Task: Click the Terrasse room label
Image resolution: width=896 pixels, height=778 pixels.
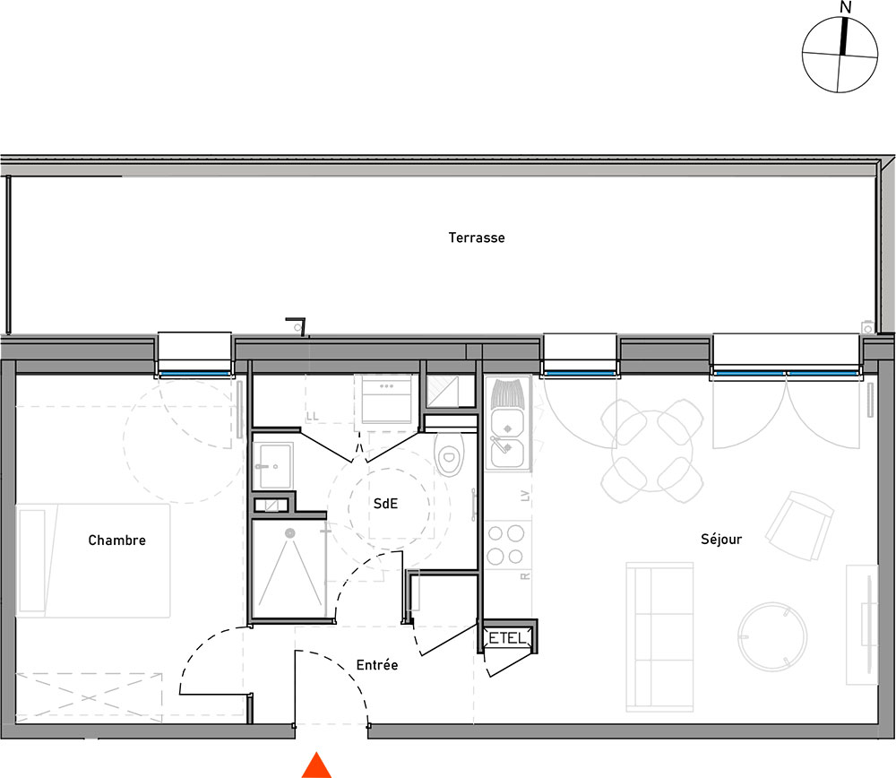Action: coord(477,238)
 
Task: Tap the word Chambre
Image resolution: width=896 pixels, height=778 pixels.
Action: coord(117,540)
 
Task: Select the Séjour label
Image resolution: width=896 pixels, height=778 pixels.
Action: coord(721,539)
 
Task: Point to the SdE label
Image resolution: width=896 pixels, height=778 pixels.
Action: coord(385,504)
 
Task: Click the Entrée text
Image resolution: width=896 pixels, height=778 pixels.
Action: coord(377,665)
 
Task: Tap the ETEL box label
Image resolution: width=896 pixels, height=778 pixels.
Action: coord(507,638)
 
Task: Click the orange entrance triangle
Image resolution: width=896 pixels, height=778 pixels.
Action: coord(316,765)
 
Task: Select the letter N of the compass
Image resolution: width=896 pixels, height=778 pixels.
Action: coord(846,7)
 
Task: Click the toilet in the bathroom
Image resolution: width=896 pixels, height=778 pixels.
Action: coord(449,454)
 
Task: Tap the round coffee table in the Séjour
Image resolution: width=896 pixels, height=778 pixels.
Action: coord(772,636)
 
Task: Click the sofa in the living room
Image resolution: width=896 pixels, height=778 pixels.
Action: coord(660,636)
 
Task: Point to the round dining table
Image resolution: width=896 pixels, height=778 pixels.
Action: coord(652,451)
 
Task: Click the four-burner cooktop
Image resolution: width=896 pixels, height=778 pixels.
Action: coord(506,544)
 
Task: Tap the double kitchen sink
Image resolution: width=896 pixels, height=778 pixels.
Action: coord(508,438)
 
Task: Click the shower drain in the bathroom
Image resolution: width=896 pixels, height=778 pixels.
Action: coord(290,532)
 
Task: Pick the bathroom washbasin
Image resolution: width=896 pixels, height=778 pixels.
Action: coord(274,465)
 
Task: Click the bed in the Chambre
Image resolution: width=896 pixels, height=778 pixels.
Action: coord(93,560)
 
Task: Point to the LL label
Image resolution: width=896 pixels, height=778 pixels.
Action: coord(312,417)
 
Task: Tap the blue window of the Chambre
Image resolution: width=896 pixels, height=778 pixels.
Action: coord(194,374)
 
